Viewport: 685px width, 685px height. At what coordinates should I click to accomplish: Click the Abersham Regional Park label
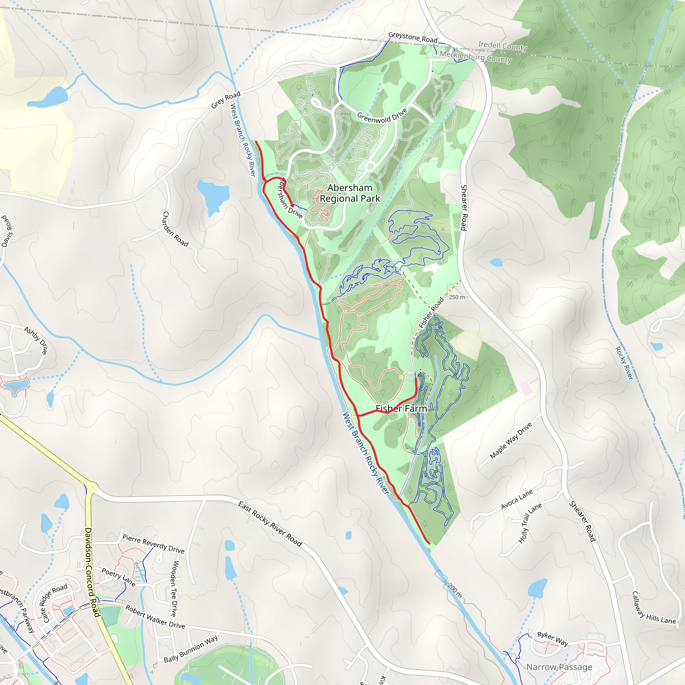[350, 193]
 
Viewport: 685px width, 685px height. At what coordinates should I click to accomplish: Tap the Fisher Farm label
[401, 409]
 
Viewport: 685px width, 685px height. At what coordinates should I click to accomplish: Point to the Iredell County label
[502, 46]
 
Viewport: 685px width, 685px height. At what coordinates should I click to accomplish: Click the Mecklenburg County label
[476, 57]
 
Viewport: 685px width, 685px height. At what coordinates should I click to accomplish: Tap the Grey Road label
[226, 100]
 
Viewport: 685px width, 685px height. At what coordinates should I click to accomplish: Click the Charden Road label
[175, 229]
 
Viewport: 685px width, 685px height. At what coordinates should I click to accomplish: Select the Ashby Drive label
[36, 340]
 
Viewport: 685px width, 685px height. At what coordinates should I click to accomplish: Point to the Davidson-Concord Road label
[93, 572]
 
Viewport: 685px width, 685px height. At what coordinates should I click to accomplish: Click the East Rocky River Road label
[270, 524]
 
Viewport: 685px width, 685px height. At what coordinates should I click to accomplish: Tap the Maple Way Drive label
[511, 441]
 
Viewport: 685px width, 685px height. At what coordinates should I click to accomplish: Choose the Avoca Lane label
[516, 499]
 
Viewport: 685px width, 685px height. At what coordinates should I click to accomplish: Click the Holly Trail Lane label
[530, 523]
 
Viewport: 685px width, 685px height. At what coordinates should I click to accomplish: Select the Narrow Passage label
[559, 667]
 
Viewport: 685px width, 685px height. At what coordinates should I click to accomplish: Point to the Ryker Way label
[553, 639]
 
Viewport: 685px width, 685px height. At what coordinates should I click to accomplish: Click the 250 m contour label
[457, 297]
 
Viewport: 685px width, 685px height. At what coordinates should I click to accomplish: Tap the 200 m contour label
[454, 590]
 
